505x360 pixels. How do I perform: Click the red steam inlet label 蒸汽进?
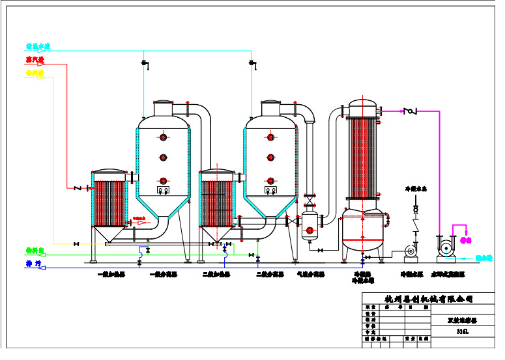[35, 60]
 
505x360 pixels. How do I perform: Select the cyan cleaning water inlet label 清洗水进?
[38, 47]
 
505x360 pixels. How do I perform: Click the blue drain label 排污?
[33, 264]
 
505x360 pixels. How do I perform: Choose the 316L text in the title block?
[462, 331]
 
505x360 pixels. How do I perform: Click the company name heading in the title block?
[428, 299]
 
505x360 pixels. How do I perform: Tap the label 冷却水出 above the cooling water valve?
[416, 189]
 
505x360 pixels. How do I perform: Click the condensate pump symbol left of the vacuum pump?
[410, 250]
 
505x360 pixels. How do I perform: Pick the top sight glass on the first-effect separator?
[163, 137]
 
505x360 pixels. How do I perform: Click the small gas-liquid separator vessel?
[310, 223]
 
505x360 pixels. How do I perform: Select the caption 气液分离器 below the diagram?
[310, 274]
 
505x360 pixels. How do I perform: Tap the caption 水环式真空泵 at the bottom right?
[450, 274]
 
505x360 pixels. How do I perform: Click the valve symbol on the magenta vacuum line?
[410, 111]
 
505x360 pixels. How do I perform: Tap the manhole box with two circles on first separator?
[163, 190]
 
